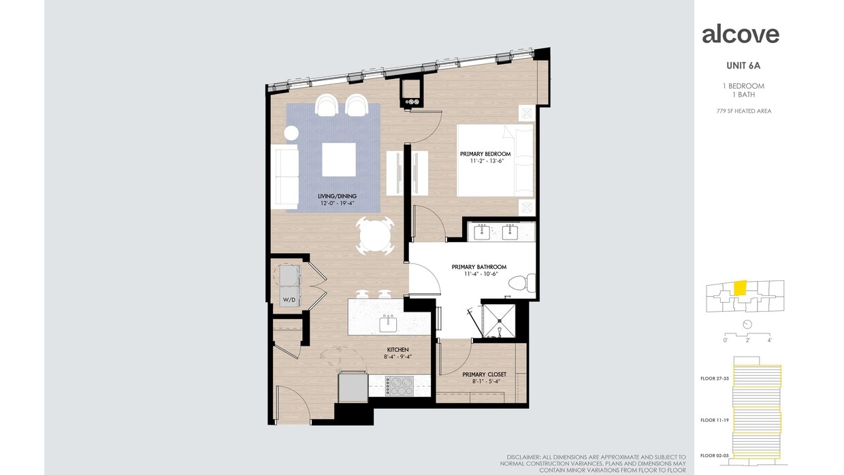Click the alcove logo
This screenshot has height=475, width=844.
740,34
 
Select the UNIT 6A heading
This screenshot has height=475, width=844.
743,66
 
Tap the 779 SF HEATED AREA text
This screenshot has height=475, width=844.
743,111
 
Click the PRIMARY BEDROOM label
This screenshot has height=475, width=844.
485,154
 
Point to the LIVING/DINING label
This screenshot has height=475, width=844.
337,197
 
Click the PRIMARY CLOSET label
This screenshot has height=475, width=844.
484,374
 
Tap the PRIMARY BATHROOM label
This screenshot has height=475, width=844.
479,267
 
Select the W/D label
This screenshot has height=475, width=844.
289,300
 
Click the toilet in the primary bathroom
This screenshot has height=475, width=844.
523,282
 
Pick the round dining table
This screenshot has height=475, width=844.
375,236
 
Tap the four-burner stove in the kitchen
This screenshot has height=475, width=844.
399,386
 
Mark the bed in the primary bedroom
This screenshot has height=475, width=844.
496,161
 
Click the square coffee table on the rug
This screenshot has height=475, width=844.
338,159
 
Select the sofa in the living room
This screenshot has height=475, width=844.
285,177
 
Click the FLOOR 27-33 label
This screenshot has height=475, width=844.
715,378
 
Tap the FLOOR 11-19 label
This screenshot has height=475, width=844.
715,421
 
